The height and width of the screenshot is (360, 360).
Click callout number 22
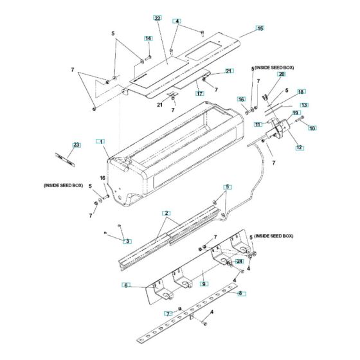[157, 18]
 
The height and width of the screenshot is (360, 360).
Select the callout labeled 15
[260, 28]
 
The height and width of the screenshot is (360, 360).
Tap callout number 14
[148, 39]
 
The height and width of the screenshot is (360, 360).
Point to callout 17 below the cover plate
[200, 93]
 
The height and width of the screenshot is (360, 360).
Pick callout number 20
[281, 75]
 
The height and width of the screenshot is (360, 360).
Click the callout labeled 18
[301, 92]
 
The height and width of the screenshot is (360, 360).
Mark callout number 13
[304, 105]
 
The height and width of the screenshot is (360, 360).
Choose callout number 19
[296, 113]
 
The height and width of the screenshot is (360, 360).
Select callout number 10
[312, 129]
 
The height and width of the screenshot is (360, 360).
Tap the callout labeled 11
[257, 124]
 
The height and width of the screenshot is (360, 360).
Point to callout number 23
[76, 145]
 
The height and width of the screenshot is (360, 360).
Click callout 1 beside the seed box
[100, 140]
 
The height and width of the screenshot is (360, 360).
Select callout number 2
[166, 213]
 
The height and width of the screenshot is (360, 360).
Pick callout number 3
[127, 241]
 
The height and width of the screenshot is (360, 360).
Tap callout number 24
[239, 262]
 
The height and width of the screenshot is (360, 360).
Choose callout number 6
[127, 285]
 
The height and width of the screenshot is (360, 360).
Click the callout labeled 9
[203, 283]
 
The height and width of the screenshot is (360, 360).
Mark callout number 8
[242, 294]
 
